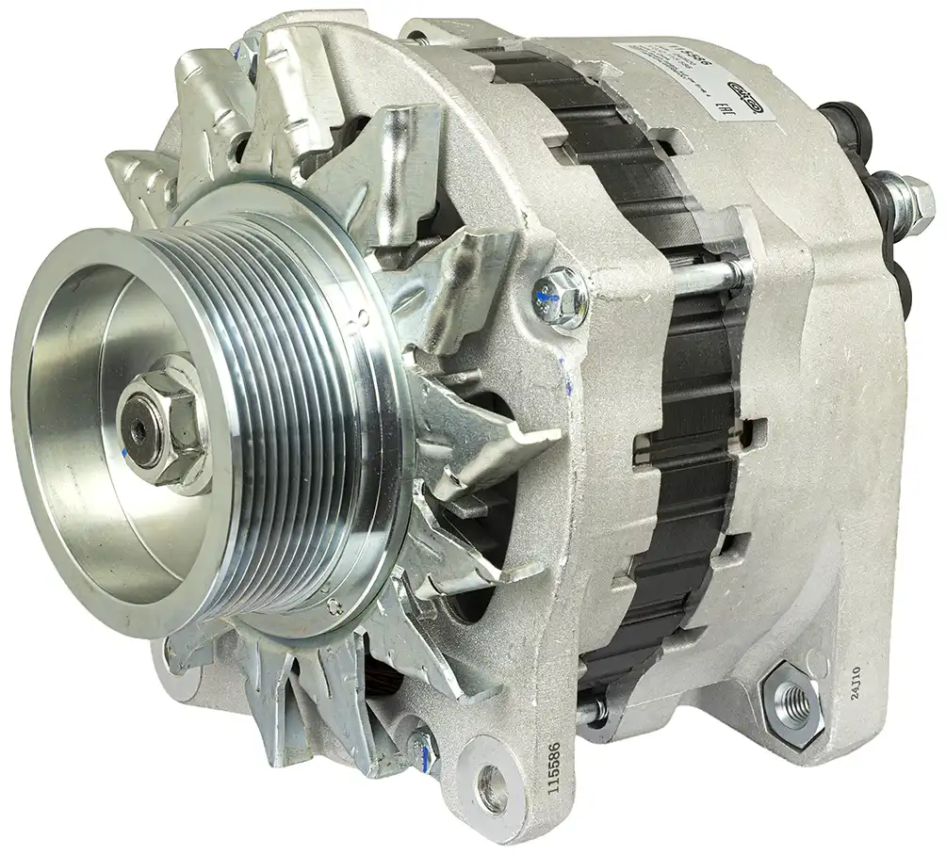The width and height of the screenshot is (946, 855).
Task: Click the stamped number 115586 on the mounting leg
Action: (x=554, y=767)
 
